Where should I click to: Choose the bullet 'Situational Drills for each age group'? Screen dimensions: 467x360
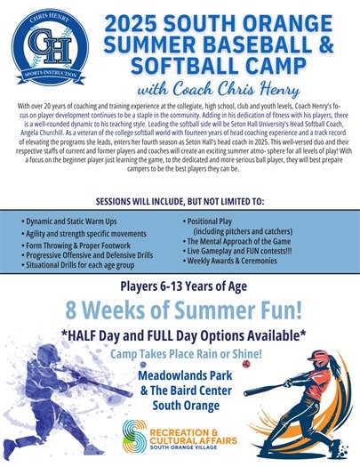click(x=80, y=265)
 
